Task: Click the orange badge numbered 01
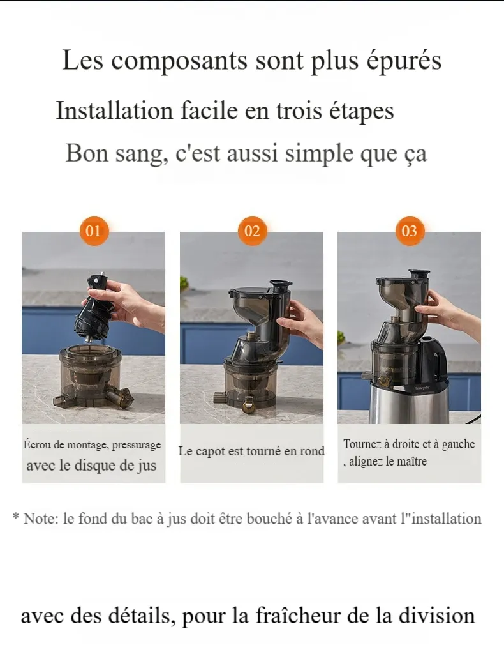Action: (x=94, y=231)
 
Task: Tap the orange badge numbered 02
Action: (x=252, y=231)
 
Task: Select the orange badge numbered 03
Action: (x=410, y=231)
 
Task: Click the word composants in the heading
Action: (x=179, y=61)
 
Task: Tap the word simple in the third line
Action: (x=320, y=154)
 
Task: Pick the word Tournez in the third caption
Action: (x=362, y=444)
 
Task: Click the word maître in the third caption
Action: (x=412, y=461)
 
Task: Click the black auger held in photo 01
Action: (x=96, y=309)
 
